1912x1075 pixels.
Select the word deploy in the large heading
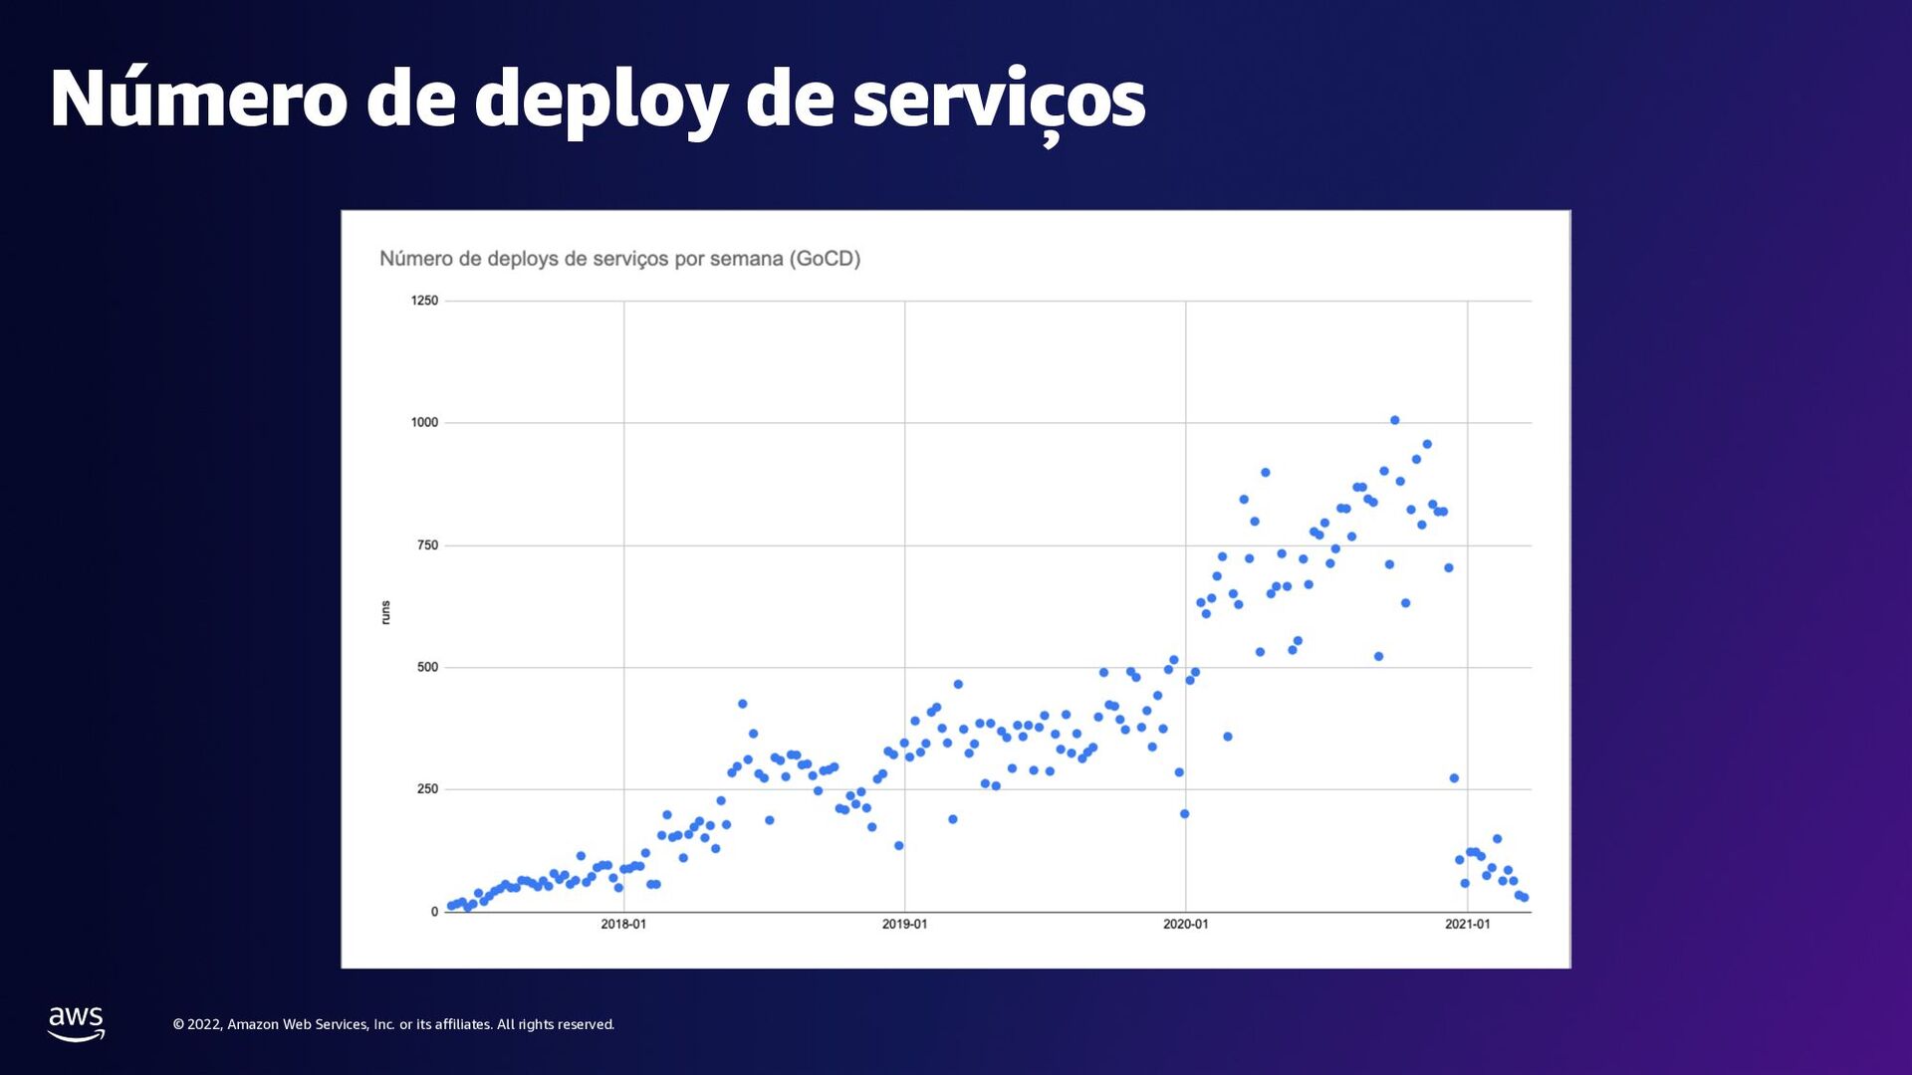(600, 99)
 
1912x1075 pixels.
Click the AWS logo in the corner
(76, 1023)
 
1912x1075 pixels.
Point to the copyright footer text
(393, 1024)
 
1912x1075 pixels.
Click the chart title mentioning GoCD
(619, 259)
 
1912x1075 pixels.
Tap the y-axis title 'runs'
(385, 612)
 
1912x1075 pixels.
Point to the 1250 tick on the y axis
(424, 301)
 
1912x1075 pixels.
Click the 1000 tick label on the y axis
(424, 422)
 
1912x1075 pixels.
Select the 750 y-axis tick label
(427, 544)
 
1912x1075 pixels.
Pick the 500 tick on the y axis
(427, 667)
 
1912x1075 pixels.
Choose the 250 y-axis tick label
(427, 788)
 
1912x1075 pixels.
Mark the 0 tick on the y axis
(434, 912)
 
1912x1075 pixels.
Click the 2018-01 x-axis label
(623, 925)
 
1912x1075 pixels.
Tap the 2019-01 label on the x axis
(904, 925)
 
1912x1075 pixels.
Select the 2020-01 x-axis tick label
(1185, 925)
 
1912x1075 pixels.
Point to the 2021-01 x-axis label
(1467, 925)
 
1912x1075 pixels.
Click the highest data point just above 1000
(1394, 420)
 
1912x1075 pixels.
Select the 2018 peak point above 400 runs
(742, 704)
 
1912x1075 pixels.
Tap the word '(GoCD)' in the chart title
(825, 259)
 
